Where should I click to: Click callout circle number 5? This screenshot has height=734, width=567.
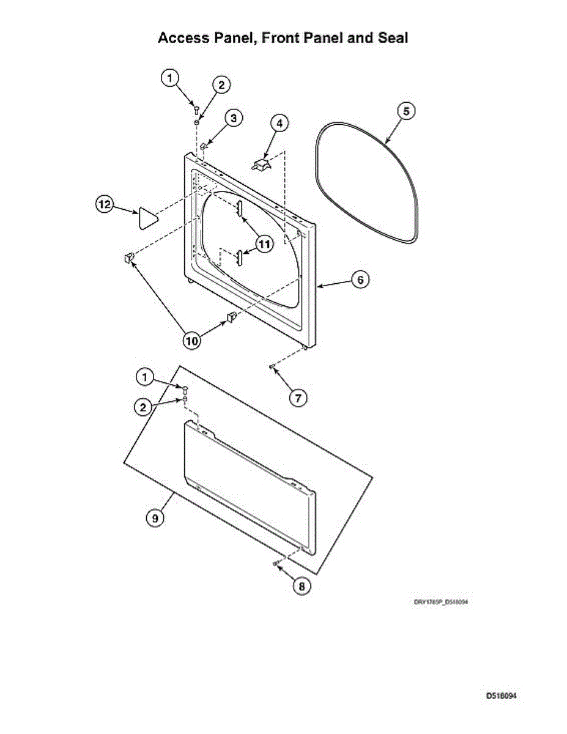406,111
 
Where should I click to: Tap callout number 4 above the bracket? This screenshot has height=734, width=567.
279,123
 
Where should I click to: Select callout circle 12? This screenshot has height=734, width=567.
104,205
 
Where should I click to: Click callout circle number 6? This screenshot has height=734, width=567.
360,280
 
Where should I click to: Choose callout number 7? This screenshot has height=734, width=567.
297,397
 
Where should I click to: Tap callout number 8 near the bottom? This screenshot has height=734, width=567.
301,586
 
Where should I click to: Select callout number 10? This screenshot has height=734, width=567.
193,340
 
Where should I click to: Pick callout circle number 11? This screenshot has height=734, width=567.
264,244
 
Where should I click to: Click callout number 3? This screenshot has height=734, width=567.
233,118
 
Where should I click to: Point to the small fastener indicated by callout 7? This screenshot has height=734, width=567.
271,366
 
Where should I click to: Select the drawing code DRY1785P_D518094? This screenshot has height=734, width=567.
441,602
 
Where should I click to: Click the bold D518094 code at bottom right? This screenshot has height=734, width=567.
502,695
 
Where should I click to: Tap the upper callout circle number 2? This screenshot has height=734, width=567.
221,85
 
